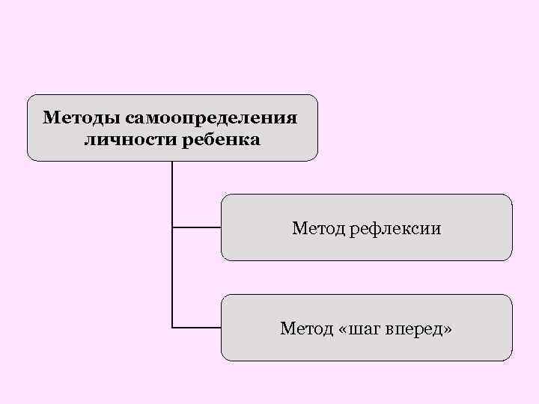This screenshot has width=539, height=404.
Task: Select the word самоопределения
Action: pyautogui.click(x=211, y=118)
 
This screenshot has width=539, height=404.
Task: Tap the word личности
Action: pyautogui.click(x=125, y=140)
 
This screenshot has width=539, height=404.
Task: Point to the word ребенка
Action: pyautogui.click(x=222, y=140)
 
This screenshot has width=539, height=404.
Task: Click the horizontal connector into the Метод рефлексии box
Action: pyautogui.click(x=197, y=227)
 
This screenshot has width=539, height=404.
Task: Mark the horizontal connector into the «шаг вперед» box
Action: pyautogui.click(x=197, y=328)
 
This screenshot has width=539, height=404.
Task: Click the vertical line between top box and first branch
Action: pyautogui.click(x=172, y=193)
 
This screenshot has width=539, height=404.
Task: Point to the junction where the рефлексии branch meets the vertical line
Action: pyautogui.click(x=172, y=227)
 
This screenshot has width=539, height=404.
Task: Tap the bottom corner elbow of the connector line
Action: pyautogui.click(x=172, y=328)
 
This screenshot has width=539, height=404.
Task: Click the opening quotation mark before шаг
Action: pyautogui.click(x=344, y=329)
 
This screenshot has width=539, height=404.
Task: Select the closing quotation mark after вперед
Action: pyautogui.click(x=448, y=329)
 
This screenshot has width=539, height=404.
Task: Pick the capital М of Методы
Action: pyautogui.click(x=50, y=118)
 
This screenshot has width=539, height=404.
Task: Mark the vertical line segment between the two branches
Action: pyautogui.click(x=172, y=277)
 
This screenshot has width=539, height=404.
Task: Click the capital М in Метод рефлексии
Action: pyautogui.click(x=299, y=227)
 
